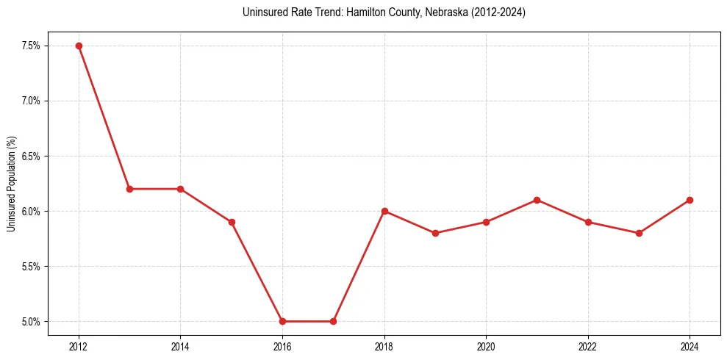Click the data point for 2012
point(79,46)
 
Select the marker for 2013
point(129,189)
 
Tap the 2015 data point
point(232,222)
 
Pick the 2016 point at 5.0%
point(282,321)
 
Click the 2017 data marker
point(333,321)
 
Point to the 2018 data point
point(384,211)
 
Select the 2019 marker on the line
point(435,233)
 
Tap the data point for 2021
point(537,200)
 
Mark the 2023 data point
point(639,233)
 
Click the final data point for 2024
point(690,200)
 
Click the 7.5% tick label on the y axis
point(30,46)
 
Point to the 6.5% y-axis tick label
point(30,156)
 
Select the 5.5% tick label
point(30,266)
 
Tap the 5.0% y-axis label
point(30,321)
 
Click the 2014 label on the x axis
point(180,346)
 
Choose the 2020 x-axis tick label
point(486,346)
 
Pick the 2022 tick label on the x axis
point(587,346)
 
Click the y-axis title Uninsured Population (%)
point(11,184)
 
